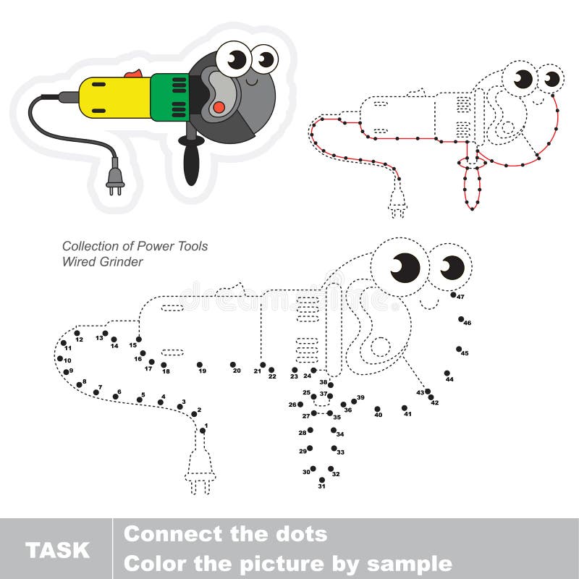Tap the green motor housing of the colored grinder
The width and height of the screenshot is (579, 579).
coord(169,97)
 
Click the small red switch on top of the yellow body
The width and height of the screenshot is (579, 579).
coord(133,73)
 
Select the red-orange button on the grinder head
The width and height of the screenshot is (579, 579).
coord(218,107)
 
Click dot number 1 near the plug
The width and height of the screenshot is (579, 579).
coord(202,431)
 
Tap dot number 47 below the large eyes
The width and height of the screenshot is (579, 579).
coord(453,295)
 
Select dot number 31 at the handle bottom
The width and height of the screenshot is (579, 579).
coord(321,479)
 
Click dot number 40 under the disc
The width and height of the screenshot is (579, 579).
coord(377,408)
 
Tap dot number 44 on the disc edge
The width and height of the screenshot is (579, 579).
coord(447,373)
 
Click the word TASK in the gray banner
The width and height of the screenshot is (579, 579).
coord(57,549)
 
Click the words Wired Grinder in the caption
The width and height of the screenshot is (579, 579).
coord(102,261)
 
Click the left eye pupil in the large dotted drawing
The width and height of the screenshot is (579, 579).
coord(406,268)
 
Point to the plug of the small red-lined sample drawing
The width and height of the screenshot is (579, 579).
coord(396,203)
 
